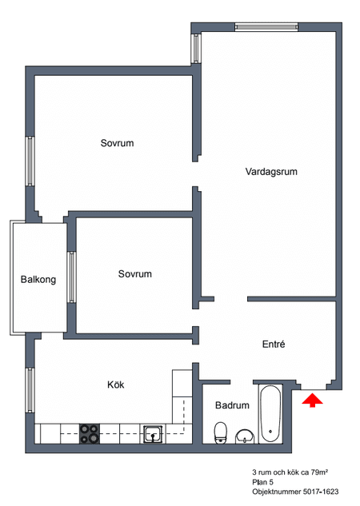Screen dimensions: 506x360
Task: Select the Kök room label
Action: pyautogui.click(x=116, y=384)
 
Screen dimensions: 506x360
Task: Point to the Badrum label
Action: pyautogui.click(x=233, y=405)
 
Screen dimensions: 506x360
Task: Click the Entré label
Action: pyautogui.click(x=274, y=345)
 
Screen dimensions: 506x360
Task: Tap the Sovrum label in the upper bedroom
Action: pyautogui.click(x=117, y=143)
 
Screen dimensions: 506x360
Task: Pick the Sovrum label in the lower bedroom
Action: pyautogui.click(x=134, y=274)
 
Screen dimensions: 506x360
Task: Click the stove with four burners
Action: pyautogui.click(x=90, y=432)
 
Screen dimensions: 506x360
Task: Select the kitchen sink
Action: pyautogui.click(x=153, y=432)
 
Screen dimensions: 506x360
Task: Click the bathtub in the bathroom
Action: pyautogui.click(x=271, y=413)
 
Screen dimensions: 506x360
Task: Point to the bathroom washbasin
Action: pyautogui.click(x=245, y=435)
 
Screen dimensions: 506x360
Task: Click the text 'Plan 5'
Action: pyautogui.click(x=262, y=484)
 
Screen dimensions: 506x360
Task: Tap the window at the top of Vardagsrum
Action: pyautogui.click(x=267, y=26)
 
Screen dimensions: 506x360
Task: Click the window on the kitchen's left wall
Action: pyautogui.click(x=30, y=389)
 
